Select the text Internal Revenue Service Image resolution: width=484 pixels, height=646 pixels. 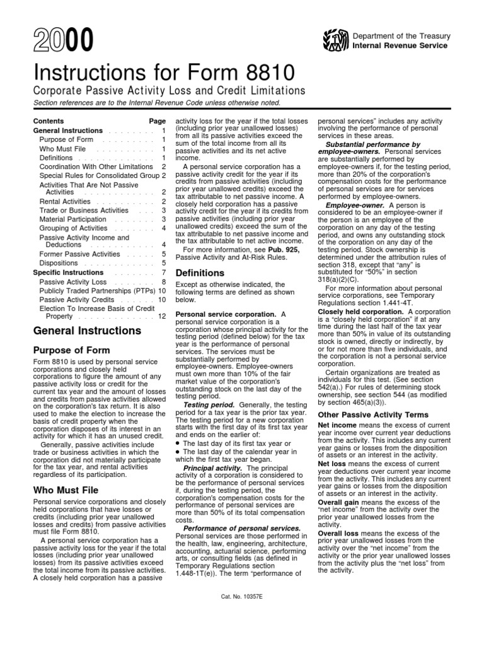(x=400, y=46)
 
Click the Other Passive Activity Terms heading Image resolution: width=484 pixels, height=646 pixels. (x=365, y=414)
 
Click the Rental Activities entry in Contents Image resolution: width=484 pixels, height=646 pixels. (x=66, y=201)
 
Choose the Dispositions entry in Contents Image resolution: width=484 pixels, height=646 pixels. (x=59, y=262)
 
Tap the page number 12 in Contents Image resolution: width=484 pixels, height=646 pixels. (x=162, y=316)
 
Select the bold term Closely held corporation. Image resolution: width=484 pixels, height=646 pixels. (x=361, y=312)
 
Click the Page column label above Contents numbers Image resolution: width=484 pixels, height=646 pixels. (x=158, y=120)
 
